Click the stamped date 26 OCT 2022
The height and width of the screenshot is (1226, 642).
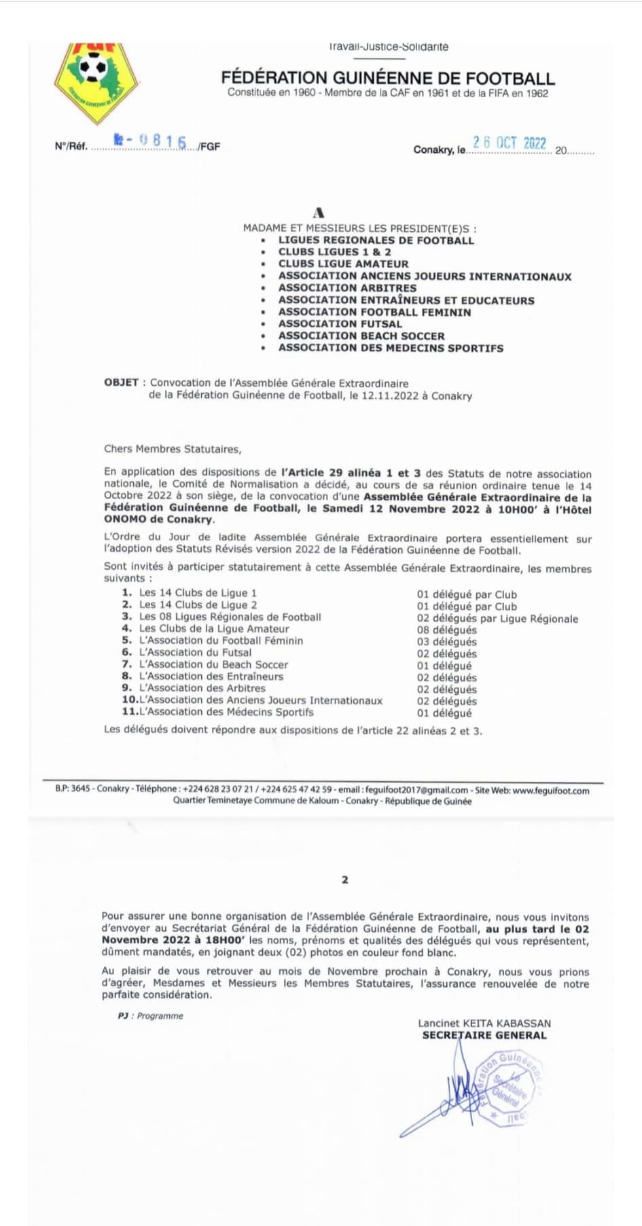coord(510,143)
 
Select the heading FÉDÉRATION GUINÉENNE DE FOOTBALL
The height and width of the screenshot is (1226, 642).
coord(388,78)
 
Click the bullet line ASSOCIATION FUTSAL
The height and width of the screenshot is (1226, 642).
coord(340,324)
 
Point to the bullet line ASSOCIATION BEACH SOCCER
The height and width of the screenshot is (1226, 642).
coord(361,336)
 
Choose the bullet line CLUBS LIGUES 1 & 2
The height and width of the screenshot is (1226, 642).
coord(334,252)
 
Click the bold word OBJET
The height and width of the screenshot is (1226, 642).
coord(121,382)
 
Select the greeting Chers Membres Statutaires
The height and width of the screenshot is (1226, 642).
coord(173,449)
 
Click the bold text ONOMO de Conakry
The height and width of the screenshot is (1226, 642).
coord(159,520)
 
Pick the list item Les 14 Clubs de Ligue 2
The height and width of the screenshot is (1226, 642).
coord(198,605)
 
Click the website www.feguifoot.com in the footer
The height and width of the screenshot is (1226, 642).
coord(551,791)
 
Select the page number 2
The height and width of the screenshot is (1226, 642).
coord(345,880)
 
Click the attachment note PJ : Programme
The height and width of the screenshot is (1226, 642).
coord(151,1016)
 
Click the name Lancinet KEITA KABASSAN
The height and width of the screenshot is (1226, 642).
coord(484,1023)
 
